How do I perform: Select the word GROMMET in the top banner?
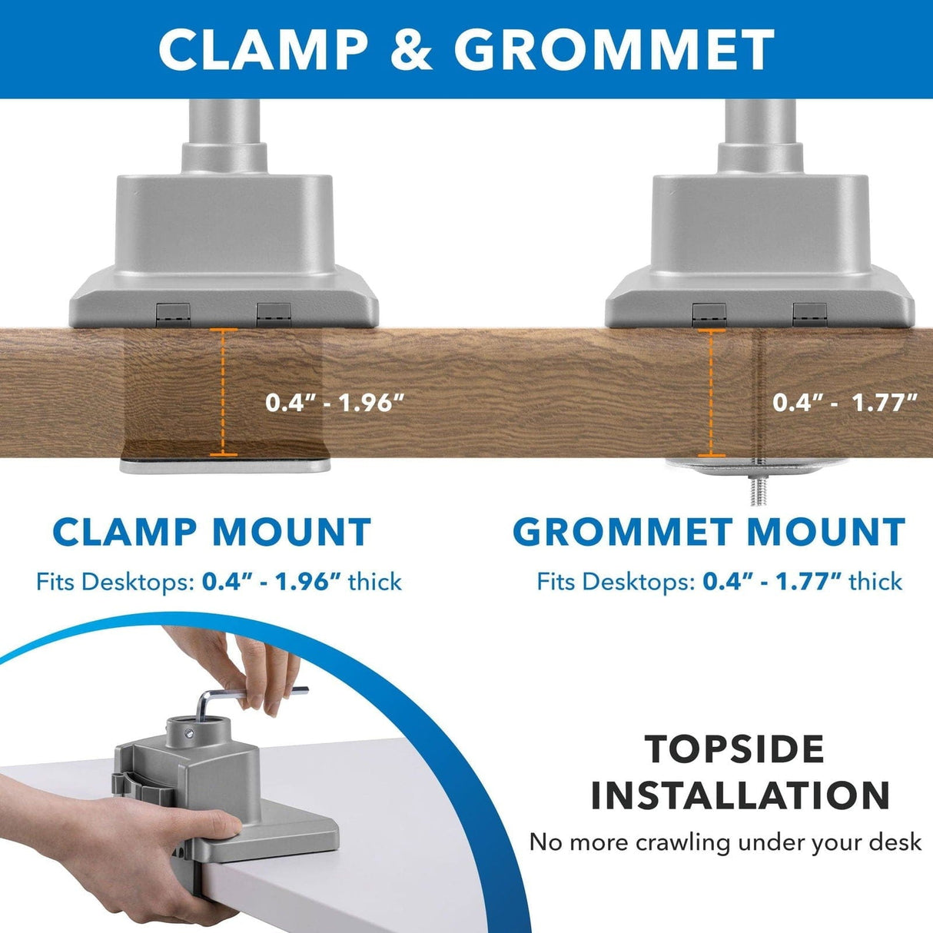coord(613,49)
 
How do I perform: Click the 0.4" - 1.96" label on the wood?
coord(334,402)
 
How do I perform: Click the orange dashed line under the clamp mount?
coord(224,392)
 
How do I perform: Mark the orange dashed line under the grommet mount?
coord(711,392)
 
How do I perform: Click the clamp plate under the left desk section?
coord(225,464)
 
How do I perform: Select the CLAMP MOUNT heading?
coord(212,533)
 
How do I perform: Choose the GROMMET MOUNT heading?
coord(709,533)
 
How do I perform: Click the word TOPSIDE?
coord(735,749)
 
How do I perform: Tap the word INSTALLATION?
coord(740,796)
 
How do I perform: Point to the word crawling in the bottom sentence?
coord(682,842)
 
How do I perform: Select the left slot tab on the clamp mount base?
coord(173,313)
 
